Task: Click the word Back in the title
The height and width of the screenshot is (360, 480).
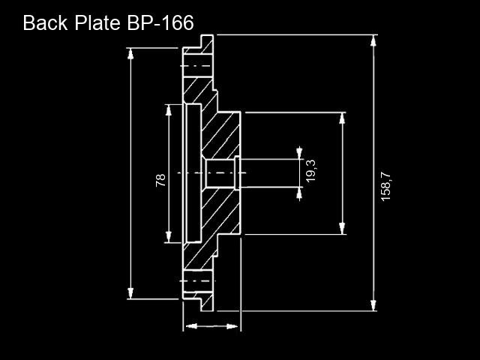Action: [45, 23]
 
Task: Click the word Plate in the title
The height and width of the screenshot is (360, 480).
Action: [97, 23]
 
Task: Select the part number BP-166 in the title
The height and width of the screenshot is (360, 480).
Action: [160, 23]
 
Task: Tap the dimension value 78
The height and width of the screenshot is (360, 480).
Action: [160, 180]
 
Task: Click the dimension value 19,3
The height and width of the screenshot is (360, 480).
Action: [310, 170]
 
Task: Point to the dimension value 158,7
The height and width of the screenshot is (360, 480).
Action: [385, 186]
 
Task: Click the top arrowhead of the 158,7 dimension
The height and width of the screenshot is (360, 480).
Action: [373, 40]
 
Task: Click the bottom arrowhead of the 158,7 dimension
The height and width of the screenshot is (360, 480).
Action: [373, 305]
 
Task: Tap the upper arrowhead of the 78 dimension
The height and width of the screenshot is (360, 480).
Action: [168, 110]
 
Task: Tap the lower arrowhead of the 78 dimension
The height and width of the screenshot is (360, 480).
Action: [168, 237]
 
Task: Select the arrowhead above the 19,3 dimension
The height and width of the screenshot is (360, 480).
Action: [299, 153]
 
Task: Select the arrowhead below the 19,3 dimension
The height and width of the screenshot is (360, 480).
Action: [299, 193]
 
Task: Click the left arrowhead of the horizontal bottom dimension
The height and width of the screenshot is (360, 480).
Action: [192, 326]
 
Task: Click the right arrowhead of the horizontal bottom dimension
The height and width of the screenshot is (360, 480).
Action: [232, 326]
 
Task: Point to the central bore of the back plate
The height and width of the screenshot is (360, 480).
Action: [220, 173]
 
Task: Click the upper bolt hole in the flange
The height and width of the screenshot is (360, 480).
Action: [198, 66]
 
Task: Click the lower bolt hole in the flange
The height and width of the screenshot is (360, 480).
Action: [198, 281]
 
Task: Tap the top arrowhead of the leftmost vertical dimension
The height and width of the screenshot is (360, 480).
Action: [130, 54]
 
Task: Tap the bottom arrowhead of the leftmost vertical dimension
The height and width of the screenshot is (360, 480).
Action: [130, 293]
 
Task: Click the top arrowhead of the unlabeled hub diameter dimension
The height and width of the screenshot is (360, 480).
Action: [342, 118]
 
